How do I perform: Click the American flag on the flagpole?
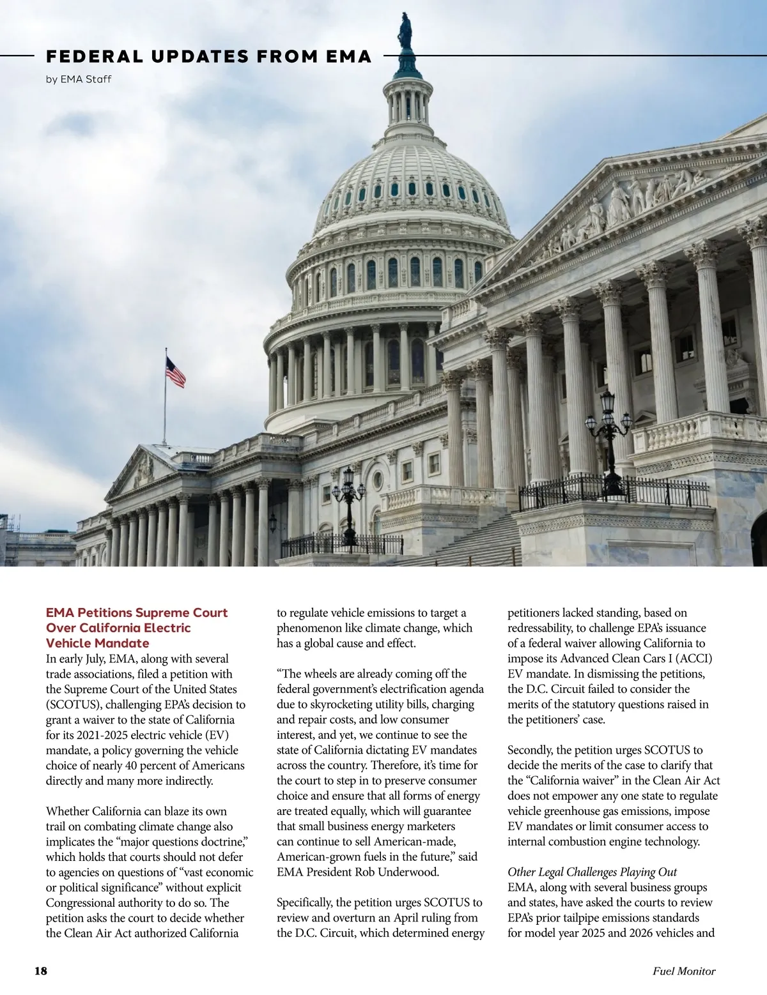pyautogui.click(x=175, y=372)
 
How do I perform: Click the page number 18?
pyautogui.click(x=40, y=971)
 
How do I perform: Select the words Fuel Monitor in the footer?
pyautogui.click(x=684, y=971)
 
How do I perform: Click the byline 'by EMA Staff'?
pyautogui.click(x=79, y=80)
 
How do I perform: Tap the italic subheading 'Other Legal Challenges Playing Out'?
pyautogui.click(x=592, y=872)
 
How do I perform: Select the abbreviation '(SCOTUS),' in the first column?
pyautogui.click(x=74, y=704)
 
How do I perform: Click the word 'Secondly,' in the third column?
pyautogui.click(x=530, y=750)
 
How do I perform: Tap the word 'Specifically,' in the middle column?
pyautogui.click(x=306, y=903)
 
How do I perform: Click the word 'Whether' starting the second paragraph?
pyautogui.click(x=68, y=812)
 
